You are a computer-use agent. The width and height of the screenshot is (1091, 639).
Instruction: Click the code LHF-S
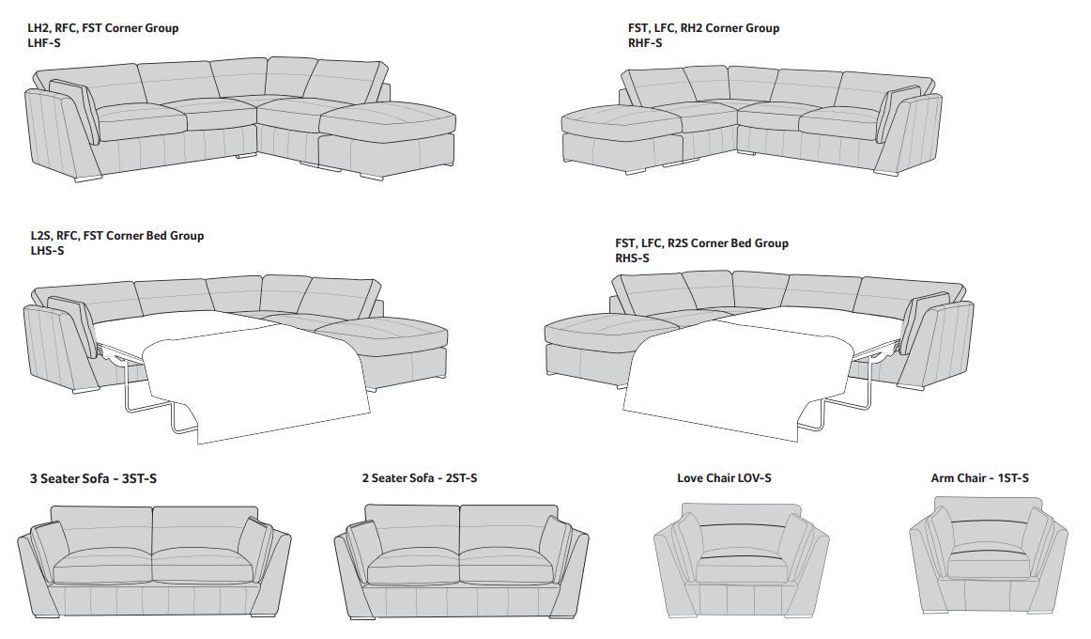[44, 43]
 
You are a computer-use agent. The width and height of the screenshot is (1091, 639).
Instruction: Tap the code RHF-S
[645, 43]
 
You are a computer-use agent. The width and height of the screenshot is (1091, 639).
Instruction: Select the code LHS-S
[48, 251]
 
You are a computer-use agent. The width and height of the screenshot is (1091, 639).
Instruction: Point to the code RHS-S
[632, 258]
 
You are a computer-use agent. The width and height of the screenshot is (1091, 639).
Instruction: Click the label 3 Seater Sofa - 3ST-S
[93, 479]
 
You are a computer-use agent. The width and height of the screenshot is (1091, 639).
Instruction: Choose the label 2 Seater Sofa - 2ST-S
[420, 478]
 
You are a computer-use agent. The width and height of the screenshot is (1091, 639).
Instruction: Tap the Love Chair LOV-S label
[724, 478]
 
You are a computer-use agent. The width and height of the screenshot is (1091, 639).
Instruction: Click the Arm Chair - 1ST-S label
[979, 478]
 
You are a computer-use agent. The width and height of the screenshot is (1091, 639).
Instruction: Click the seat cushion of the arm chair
[988, 565]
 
